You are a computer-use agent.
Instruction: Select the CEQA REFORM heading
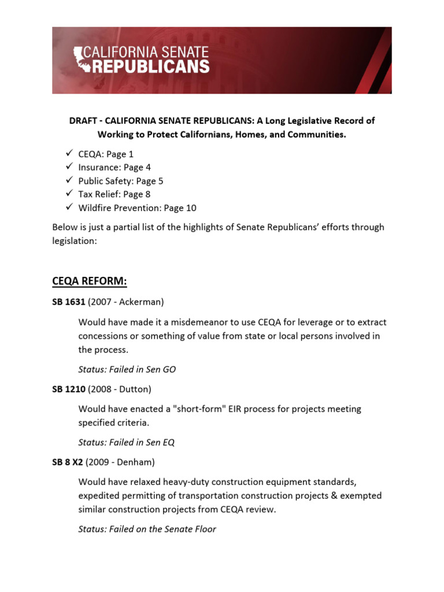(x=89, y=281)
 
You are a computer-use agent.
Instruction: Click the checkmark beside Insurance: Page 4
(x=68, y=168)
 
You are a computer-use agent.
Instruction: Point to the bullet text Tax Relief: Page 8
(x=114, y=194)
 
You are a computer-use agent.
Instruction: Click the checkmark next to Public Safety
(x=68, y=181)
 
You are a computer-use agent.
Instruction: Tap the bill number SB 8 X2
(x=69, y=462)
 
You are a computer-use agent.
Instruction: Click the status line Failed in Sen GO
(x=127, y=369)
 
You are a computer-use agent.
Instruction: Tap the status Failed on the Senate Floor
(x=147, y=529)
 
